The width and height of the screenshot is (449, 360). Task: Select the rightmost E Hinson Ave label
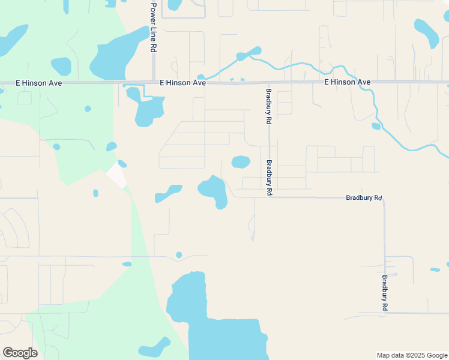[x=347, y=82]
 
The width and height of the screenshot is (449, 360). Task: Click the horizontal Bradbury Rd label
[x=364, y=197]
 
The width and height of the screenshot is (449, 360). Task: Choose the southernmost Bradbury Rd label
[x=384, y=293]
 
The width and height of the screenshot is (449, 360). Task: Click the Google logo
[x=20, y=353]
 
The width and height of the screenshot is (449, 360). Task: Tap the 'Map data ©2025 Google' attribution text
[x=412, y=355]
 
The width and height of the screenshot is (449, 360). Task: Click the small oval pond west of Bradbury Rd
[x=241, y=162]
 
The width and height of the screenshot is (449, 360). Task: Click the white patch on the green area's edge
[x=116, y=175]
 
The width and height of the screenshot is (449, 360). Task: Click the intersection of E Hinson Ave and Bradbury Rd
[x=269, y=82]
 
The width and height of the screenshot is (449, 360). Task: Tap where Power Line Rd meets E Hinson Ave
[x=154, y=82]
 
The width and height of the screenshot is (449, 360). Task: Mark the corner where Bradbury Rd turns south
[x=384, y=197]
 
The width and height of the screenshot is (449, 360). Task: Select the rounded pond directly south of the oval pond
[x=214, y=191]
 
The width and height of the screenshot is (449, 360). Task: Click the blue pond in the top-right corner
[x=426, y=32]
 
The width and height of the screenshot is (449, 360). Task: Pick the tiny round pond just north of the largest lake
[x=179, y=255]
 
